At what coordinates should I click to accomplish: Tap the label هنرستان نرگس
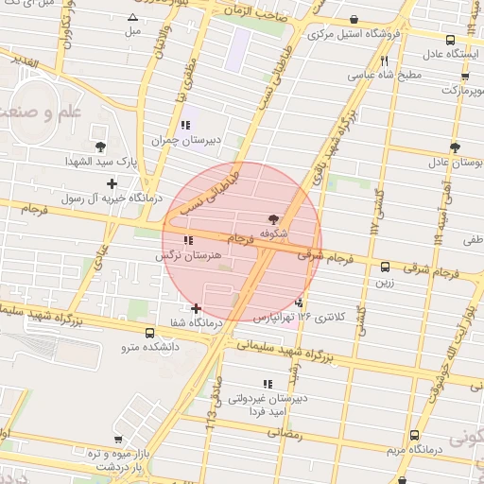point(189,255)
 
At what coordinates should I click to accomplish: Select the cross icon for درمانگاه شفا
point(196,308)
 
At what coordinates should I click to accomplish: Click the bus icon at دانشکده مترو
point(150,333)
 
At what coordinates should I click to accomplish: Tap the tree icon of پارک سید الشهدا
point(99,146)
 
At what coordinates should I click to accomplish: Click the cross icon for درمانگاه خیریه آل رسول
point(112,183)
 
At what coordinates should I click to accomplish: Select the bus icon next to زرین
point(385,267)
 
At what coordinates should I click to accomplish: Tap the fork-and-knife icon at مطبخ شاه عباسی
point(384,61)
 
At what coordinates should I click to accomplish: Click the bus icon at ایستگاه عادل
point(450,40)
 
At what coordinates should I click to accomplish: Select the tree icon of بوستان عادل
point(455,147)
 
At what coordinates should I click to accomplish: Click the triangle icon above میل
point(132,18)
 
